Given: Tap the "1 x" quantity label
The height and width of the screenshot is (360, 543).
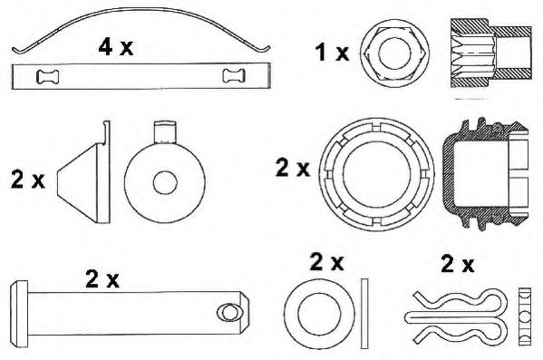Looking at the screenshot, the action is point(331,53).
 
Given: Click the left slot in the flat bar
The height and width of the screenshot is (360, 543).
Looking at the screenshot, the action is point(46,77).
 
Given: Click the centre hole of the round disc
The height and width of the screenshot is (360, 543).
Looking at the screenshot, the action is point(164,181).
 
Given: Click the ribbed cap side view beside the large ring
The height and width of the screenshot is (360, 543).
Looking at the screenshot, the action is point(485,171).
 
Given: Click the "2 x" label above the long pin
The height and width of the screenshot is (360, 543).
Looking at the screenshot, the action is point(102,280).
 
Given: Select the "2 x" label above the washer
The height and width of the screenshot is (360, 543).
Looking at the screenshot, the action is point(326,262).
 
